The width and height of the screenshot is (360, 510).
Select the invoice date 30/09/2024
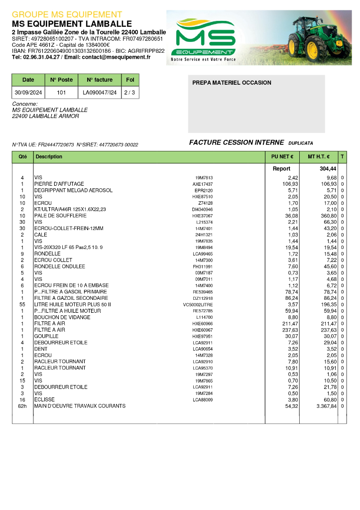coord(28,93)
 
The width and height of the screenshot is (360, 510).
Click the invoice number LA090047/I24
coord(100,93)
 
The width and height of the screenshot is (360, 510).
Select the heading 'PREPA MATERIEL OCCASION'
coord(232,83)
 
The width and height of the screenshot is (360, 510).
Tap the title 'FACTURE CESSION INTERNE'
coord(237,142)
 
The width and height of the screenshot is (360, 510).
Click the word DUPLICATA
coord(301,143)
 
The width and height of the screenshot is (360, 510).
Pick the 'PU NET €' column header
coord(282,157)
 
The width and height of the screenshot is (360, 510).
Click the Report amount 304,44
coord(328,169)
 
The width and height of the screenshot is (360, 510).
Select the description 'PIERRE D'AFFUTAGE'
coord(59,184)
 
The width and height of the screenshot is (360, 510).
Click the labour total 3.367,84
coord(326,406)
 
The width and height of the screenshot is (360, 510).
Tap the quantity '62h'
coord(22,406)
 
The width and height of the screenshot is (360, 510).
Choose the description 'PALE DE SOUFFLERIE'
coord(60,216)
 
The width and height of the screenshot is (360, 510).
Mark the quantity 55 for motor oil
coord(22,304)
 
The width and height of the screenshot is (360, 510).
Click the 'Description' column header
coord(49,157)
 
